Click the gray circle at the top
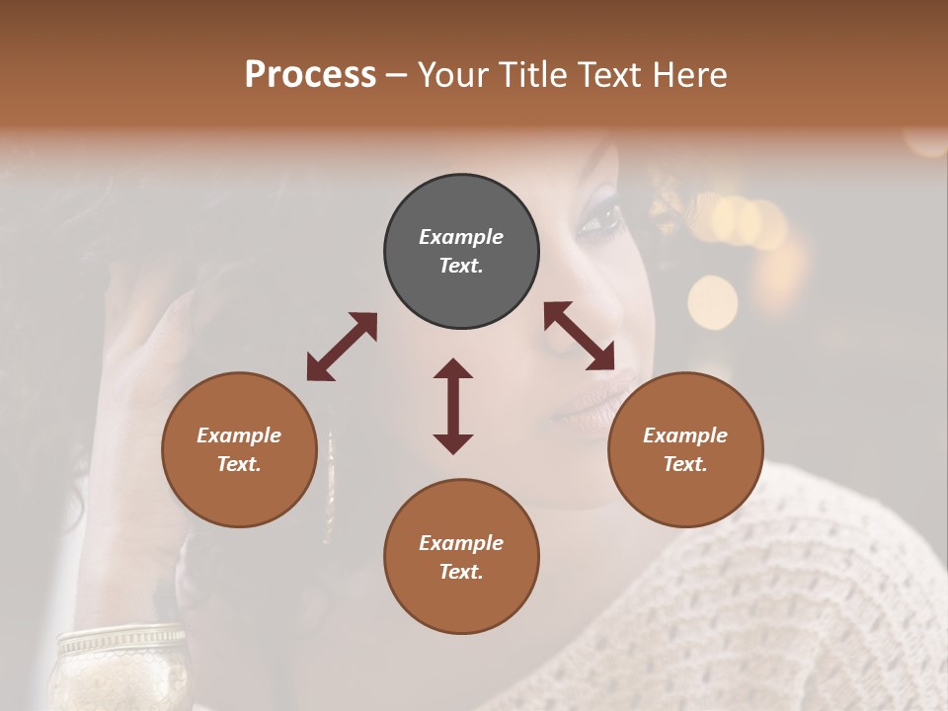[461, 252]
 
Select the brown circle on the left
[239, 449]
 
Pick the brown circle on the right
[685, 449]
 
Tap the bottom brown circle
[461, 557]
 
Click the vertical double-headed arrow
[453, 406]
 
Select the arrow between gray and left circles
[342, 347]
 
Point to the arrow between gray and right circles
[580, 336]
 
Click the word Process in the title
[310, 75]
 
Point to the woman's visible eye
[599, 219]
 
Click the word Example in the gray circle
[461, 237]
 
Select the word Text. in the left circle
[239, 464]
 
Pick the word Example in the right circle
[685, 435]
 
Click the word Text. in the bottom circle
[461, 572]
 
